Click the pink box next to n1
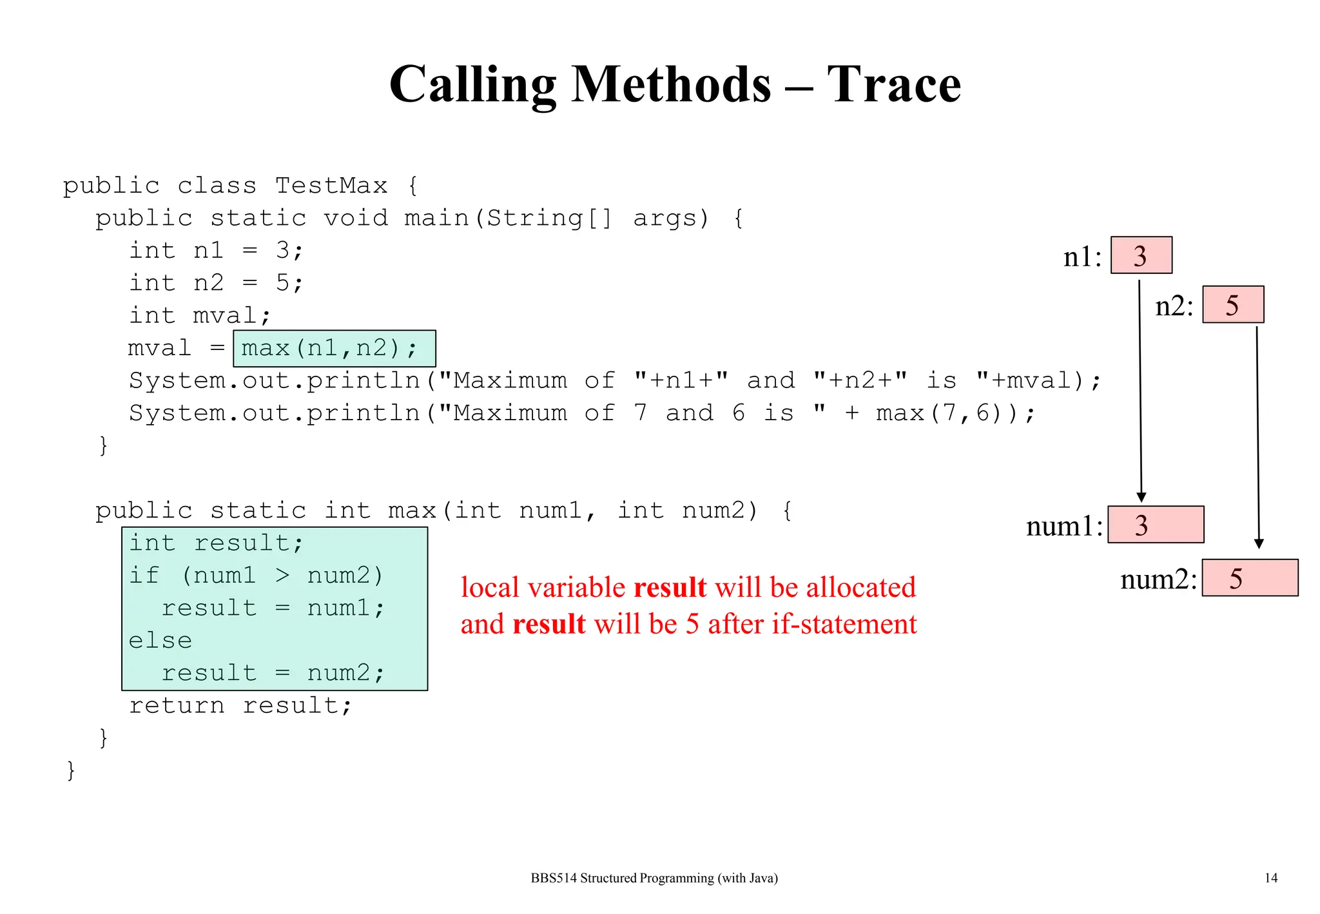coord(1141,255)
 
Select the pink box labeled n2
coord(1232,304)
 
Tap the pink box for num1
coord(1155,525)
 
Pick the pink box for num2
coord(1249,578)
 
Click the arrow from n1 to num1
coord(1140,387)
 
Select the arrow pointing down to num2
coord(1257,438)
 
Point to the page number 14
coord(1270,878)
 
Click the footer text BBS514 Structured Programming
coord(654,878)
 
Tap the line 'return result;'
coord(240,706)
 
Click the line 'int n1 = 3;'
coord(215,250)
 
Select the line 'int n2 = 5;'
coord(215,283)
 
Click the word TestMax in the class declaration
coord(331,186)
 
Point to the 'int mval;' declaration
coord(199,316)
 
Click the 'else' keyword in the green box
coord(160,641)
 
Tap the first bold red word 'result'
coord(670,588)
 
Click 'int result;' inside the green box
coord(215,543)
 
